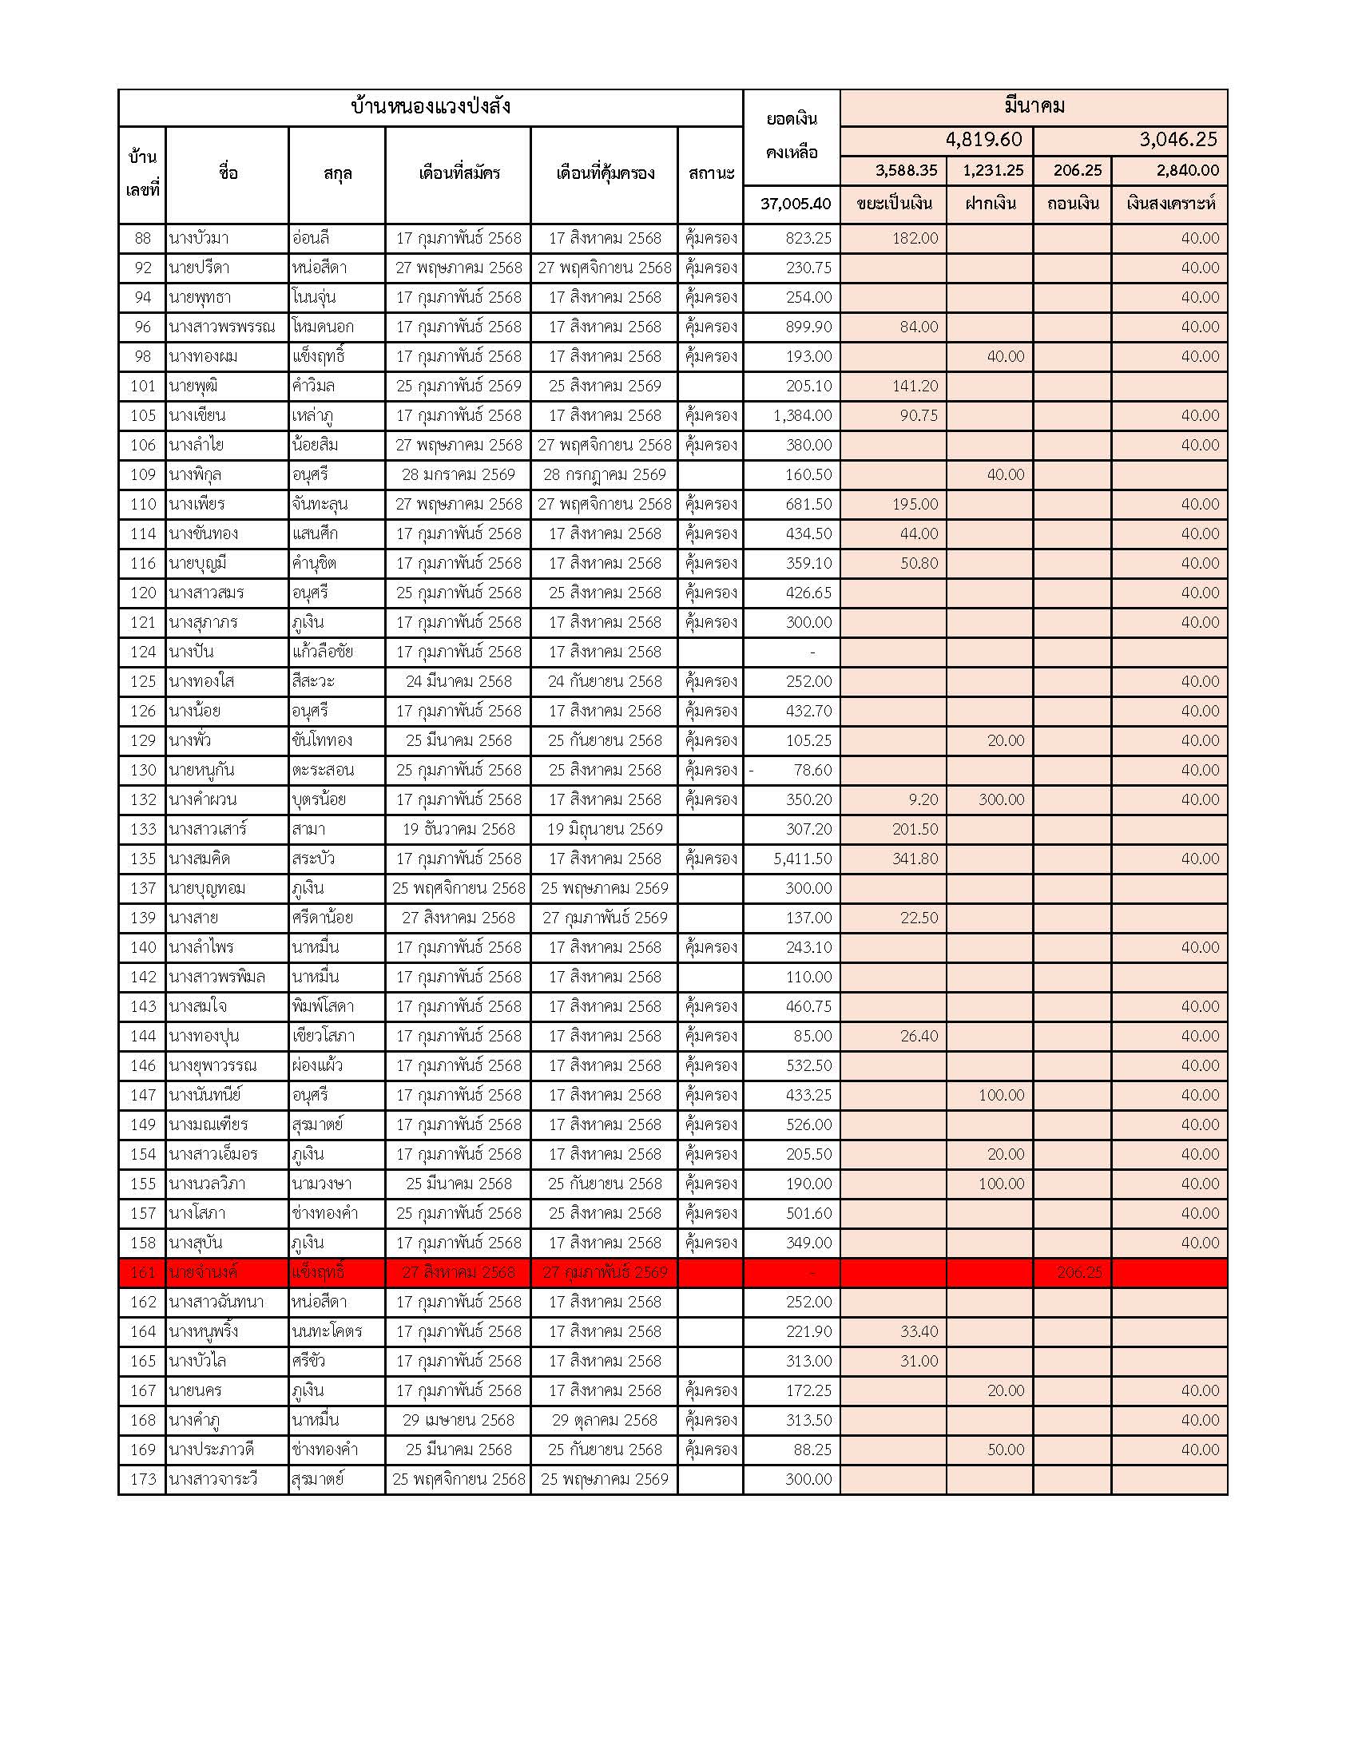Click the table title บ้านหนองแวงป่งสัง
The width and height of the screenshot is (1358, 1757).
click(431, 107)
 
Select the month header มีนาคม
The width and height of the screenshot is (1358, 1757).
click(1034, 106)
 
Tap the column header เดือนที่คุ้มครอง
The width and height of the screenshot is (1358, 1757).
click(604, 173)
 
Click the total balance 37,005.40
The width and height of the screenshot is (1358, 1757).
click(795, 204)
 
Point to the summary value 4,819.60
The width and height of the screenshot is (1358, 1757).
click(983, 140)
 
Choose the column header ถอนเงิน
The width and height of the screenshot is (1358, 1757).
click(1071, 204)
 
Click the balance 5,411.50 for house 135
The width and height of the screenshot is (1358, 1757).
click(802, 859)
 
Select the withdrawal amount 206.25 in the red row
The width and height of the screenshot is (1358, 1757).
click(1079, 1272)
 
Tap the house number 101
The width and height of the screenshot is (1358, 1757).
click(142, 387)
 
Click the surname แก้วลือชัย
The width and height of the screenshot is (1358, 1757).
click(323, 652)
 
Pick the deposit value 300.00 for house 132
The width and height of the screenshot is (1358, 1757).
click(1001, 799)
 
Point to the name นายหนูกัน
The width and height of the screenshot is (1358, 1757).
click(201, 770)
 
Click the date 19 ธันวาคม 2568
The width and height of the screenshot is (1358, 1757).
click(458, 830)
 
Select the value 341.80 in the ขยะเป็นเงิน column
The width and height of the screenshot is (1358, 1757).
click(915, 859)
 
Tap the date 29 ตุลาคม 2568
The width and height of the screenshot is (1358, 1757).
click(604, 1420)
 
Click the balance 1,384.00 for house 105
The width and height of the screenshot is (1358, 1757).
click(802, 415)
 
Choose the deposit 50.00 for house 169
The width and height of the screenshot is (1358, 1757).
click(1006, 1450)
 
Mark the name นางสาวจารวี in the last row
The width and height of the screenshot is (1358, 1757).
click(212, 1479)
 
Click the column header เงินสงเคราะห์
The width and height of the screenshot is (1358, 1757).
click(1170, 204)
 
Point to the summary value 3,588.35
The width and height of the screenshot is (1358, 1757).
click(906, 171)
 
